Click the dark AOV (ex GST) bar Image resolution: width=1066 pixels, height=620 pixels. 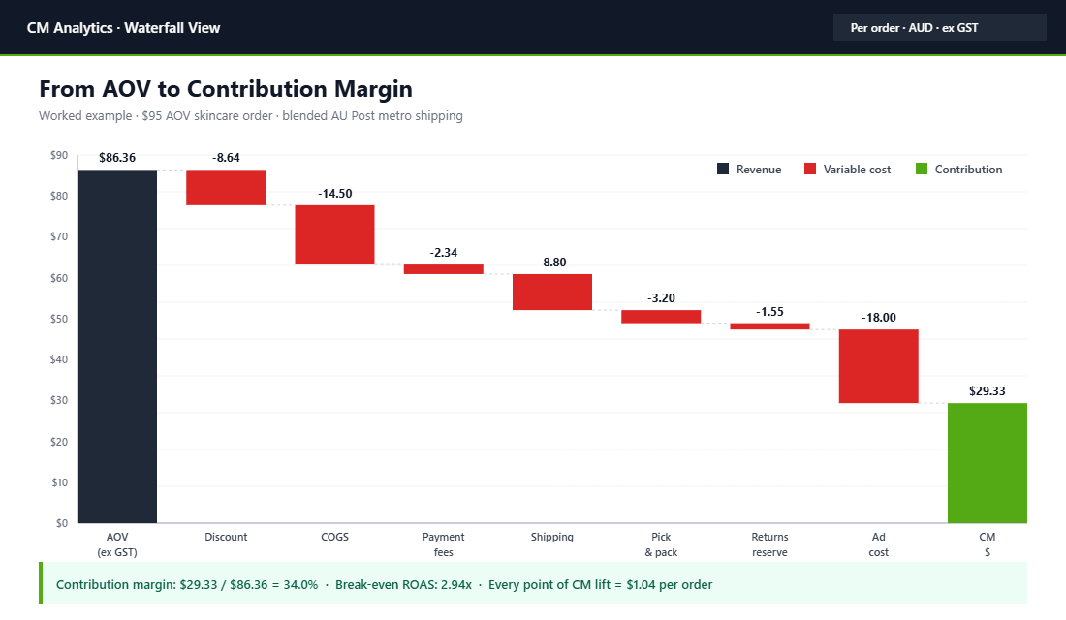click(117, 346)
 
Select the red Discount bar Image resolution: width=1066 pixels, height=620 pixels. click(226, 187)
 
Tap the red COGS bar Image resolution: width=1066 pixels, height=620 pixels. click(334, 234)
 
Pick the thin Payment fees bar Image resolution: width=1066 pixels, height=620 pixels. click(443, 269)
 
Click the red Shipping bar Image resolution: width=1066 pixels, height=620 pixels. click(551, 292)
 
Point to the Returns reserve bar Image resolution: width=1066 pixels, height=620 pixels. click(769, 326)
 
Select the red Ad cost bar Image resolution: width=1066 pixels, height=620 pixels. click(878, 366)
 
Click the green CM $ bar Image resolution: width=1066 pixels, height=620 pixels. click(987, 462)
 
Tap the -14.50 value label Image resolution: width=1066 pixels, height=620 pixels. click(334, 193)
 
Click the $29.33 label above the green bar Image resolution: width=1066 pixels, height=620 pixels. click(987, 391)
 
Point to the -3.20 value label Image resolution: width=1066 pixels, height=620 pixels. click(661, 297)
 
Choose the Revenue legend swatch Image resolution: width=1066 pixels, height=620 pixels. click(723, 170)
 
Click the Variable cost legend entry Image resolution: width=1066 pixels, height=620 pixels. click(847, 170)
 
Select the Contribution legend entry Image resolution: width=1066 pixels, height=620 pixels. click(958, 170)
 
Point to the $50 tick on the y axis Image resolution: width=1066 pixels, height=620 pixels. click(58, 319)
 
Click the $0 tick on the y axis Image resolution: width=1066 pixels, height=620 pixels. click(61, 523)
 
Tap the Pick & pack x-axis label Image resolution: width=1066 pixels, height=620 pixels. click(661, 544)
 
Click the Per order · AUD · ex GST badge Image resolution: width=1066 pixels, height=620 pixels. click(939, 28)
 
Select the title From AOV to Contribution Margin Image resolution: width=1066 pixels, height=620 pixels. click(226, 89)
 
